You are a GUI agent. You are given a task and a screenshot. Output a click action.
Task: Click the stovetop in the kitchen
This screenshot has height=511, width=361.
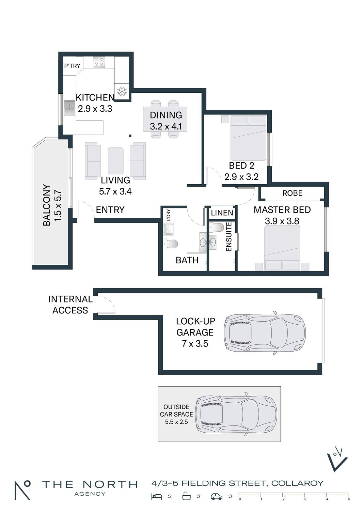pyautogui.click(x=99, y=62)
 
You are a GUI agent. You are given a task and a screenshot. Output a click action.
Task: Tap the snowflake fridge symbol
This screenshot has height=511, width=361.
pyautogui.click(x=122, y=92)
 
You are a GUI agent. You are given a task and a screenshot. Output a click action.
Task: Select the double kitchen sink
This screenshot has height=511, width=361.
pyautogui.click(x=69, y=108)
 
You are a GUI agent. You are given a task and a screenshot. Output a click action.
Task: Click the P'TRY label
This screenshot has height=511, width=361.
pyautogui.click(x=72, y=66)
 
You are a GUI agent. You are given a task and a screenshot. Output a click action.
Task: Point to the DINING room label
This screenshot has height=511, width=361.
pyautogui.click(x=166, y=115)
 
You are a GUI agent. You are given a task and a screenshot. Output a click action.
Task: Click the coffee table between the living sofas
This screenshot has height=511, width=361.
pyautogui.click(x=115, y=161)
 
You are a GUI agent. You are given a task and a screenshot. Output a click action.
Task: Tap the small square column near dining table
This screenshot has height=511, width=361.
pyautogui.click(x=130, y=136)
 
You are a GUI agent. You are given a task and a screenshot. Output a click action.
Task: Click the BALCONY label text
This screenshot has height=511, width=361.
pyautogui.click(x=47, y=205)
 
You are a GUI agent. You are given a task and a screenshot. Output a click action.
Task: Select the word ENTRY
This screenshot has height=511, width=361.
pyautogui.click(x=110, y=210)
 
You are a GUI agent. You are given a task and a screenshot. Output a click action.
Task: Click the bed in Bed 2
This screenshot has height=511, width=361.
pyautogui.click(x=248, y=138)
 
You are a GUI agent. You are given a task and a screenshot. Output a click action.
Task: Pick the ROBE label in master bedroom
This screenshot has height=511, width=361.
pyautogui.click(x=292, y=193)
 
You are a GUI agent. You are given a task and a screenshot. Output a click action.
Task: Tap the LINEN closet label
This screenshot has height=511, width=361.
pyautogui.click(x=222, y=213)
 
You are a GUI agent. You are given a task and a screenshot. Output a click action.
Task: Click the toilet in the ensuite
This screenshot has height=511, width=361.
pyautogui.click(x=217, y=227)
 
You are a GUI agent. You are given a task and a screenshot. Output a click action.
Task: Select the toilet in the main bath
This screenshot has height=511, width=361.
pyautogui.click(x=171, y=244)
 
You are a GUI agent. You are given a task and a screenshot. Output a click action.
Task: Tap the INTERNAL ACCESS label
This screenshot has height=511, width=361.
pyautogui.click(x=70, y=305)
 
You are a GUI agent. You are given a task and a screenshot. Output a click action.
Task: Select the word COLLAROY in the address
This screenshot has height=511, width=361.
pyautogui.click(x=298, y=483)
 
